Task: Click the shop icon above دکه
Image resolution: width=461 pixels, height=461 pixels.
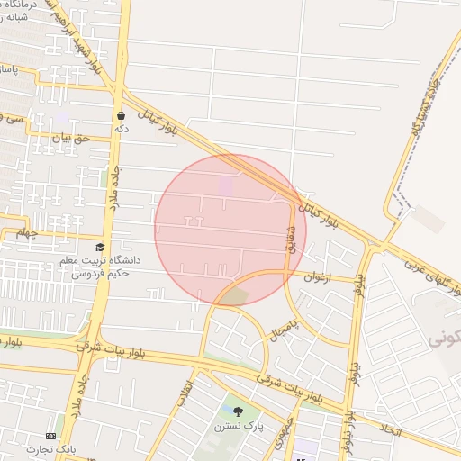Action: (x=121, y=115)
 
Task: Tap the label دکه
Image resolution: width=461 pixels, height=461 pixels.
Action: (x=122, y=129)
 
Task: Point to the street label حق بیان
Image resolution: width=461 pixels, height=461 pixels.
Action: (x=71, y=138)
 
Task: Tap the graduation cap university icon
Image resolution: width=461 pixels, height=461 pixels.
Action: (x=99, y=247)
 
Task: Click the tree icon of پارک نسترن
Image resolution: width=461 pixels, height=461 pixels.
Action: (x=238, y=411)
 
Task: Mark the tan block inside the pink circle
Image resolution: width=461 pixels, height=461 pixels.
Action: (x=236, y=295)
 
